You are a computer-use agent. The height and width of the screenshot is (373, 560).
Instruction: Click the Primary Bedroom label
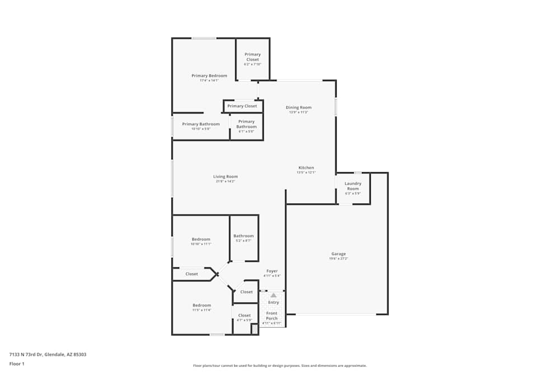point(209,75)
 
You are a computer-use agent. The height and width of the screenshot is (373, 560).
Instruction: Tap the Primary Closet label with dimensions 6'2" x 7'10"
point(252,56)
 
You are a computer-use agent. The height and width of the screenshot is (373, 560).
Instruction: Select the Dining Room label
point(298,107)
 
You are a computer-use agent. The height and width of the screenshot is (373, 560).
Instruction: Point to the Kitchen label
point(306,168)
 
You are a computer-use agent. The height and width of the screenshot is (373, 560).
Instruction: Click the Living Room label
point(225,177)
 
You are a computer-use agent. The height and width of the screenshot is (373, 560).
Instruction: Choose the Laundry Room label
point(353,186)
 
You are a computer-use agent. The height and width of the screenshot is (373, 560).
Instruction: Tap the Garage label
point(338,254)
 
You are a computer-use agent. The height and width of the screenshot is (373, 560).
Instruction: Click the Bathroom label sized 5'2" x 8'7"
point(244,236)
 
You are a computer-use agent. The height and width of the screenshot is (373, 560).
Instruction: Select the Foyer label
point(272,271)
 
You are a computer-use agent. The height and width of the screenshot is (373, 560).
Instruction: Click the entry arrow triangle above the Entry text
point(273,295)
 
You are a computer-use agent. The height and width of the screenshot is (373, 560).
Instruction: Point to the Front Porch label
point(272,315)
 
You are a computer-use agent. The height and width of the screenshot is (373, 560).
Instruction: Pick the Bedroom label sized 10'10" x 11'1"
point(200,239)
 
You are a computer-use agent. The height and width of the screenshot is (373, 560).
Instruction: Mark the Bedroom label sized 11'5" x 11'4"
point(202,305)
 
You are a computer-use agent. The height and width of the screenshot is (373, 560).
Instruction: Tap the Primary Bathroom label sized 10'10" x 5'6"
point(200,124)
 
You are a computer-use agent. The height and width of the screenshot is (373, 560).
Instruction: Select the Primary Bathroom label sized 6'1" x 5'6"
point(246,124)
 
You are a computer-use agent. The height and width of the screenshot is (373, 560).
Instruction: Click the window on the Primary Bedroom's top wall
point(204,38)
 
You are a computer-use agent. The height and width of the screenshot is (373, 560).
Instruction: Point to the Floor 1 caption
point(17,363)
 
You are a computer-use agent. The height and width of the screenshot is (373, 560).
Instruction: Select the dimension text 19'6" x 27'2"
point(338,259)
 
